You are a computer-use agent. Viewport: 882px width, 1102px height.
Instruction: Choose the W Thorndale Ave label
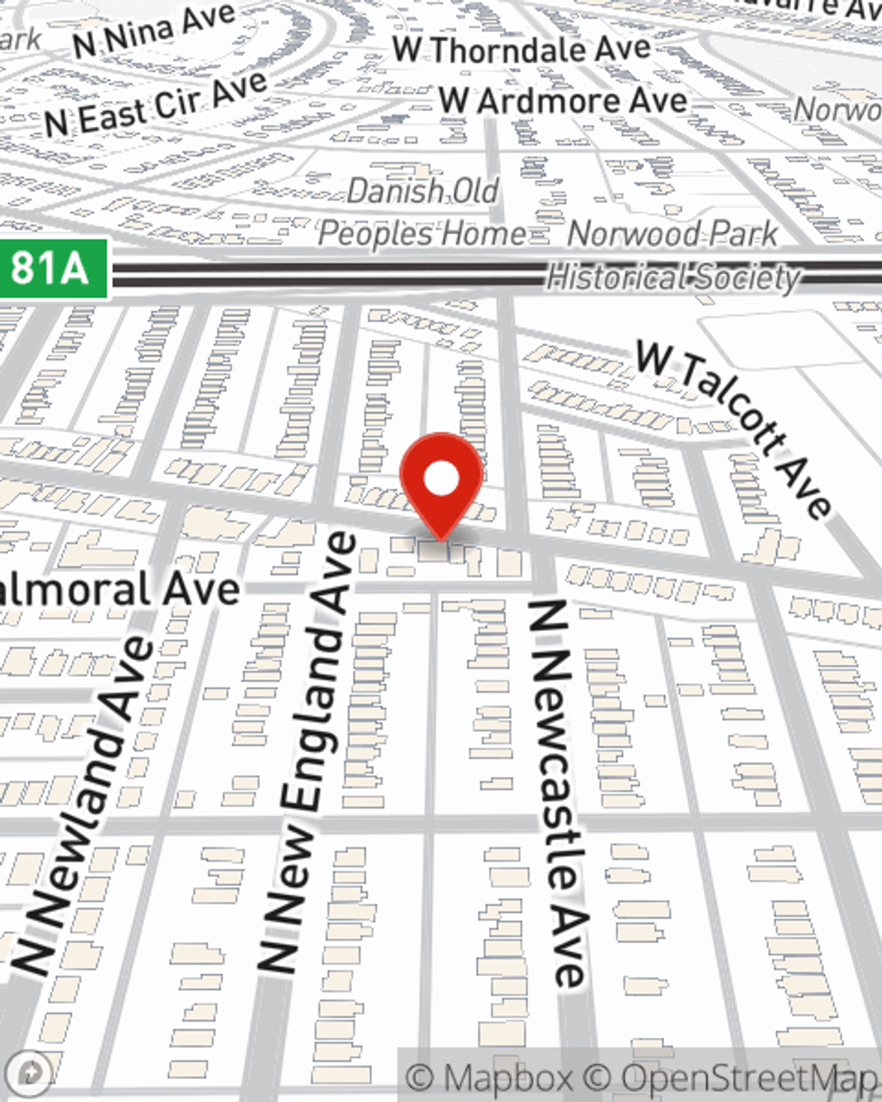point(521,50)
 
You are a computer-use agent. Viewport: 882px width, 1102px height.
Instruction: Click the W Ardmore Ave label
point(564,101)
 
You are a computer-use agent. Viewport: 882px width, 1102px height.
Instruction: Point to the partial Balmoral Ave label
point(119,590)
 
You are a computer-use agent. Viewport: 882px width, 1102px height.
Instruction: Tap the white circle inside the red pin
point(441,480)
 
